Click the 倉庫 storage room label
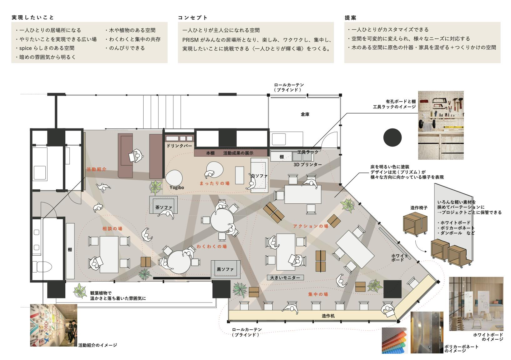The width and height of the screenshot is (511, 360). coord(305,115)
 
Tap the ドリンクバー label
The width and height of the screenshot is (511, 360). coord(179,146)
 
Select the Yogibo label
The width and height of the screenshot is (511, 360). coord(177,187)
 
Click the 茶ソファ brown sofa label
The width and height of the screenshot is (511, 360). coord(164,207)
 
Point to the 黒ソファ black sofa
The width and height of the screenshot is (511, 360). coord(225,269)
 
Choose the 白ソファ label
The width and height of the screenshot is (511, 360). coord(259,176)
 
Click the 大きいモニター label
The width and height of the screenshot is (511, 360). coord(285,277)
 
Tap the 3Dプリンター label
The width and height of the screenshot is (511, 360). coord(307,164)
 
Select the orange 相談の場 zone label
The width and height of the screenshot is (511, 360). coord(112,229)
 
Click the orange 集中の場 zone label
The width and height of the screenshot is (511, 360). coord(318,294)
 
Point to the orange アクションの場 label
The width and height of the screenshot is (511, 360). coord(311,226)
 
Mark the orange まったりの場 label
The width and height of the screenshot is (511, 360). coord(215,183)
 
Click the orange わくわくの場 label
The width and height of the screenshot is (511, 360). coord(212,247)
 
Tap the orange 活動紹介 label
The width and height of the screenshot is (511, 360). coord(96,169)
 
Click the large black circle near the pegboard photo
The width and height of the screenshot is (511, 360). coord(392,137)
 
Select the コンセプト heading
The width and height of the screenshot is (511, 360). coord(193,17)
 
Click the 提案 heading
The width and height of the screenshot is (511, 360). coord(350,17)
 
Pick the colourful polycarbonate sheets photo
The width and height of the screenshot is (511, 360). coord(395,340)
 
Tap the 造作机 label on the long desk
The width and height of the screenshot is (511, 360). coord(328,316)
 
